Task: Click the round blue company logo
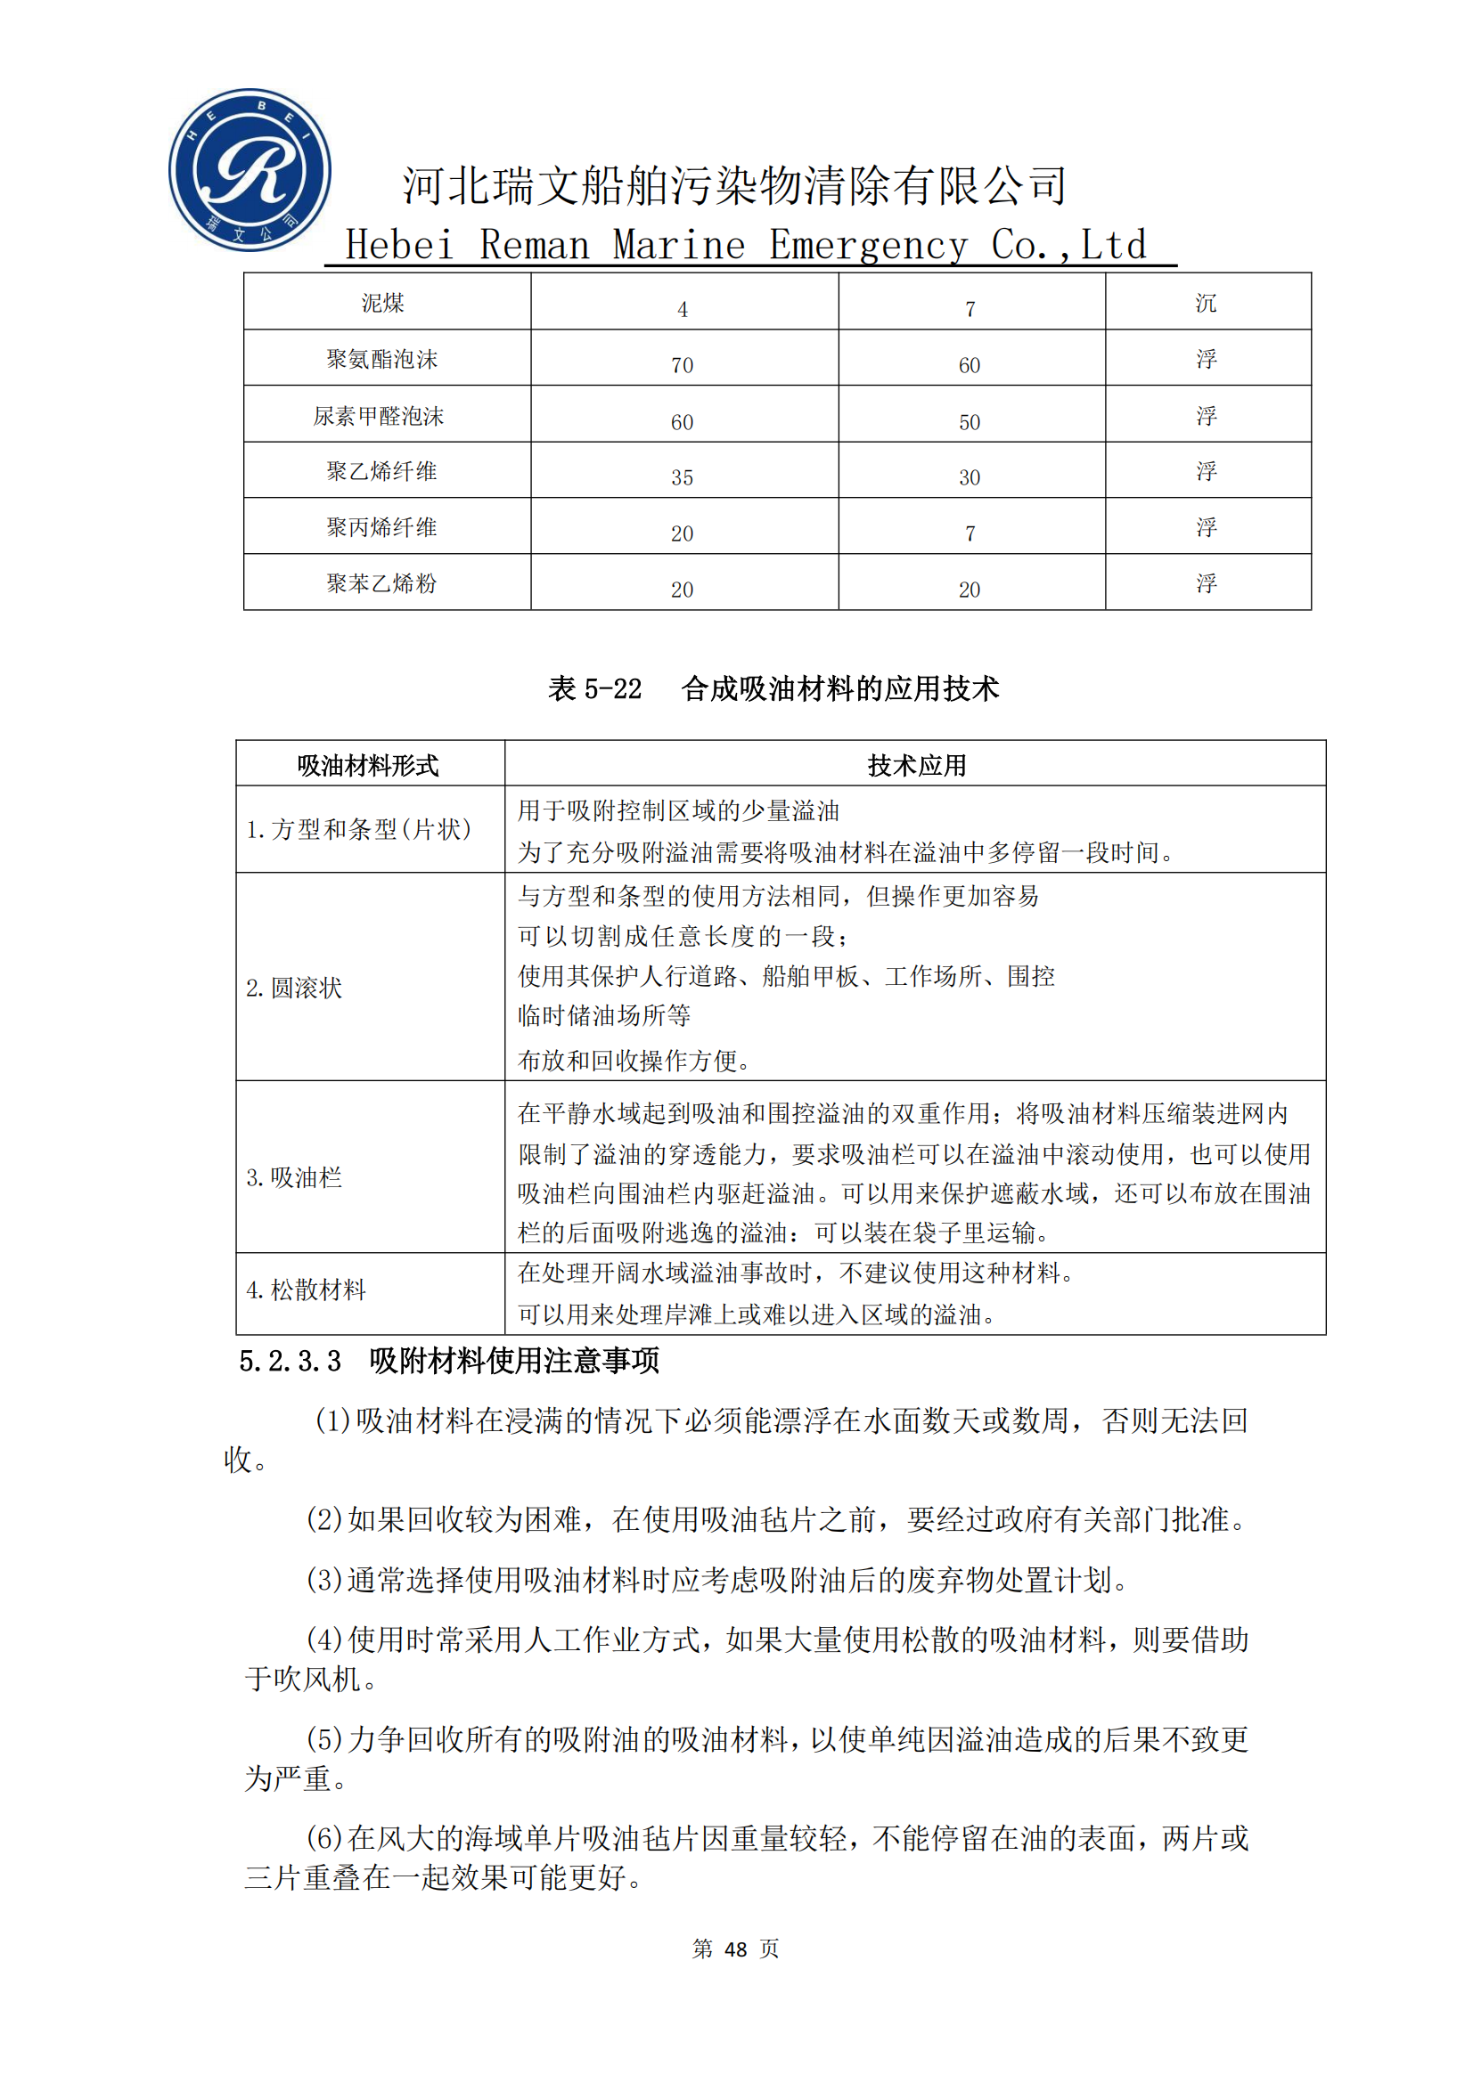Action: (x=250, y=170)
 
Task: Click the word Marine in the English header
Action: (x=679, y=245)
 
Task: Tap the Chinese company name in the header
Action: (x=733, y=186)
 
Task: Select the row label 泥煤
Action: (x=382, y=303)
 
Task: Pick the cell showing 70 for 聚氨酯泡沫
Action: (x=682, y=365)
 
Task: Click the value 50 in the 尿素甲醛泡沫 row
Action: (x=970, y=422)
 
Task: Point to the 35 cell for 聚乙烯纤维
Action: (x=682, y=477)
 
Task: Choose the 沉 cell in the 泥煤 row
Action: (x=1206, y=303)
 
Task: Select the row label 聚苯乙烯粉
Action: (x=382, y=583)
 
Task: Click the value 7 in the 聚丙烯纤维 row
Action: (x=970, y=533)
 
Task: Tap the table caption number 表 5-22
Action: (x=594, y=689)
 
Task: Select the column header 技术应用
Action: (x=916, y=766)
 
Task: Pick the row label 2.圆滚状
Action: (x=294, y=988)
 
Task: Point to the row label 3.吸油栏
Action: (x=294, y=1177)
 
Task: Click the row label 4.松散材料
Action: (x=306, y=1290)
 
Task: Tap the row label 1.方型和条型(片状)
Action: (x=358, y=829)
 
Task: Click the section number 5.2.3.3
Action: (x=290, y=1361)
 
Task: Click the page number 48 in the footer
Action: (x=735, y=1949)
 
